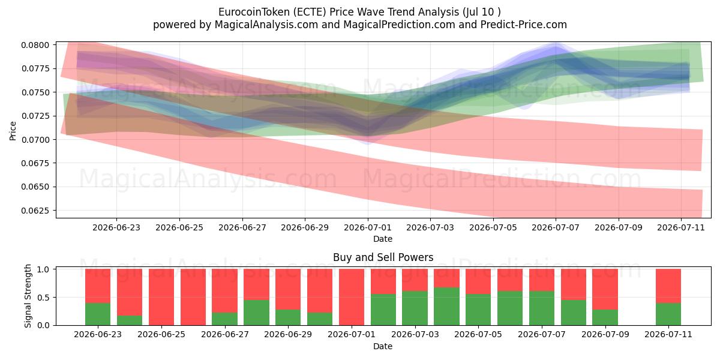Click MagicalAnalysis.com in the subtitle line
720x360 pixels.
[x=266, y=25]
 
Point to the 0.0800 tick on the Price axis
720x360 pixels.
[x=35, y=45]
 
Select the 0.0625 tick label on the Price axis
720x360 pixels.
[x=35, y=211]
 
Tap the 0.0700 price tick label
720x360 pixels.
[x=35, y=139]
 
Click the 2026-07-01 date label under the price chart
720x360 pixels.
[x=368, y=227]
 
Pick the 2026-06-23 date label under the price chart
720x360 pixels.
[x=116, y=227]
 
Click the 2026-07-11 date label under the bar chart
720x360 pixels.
[x=668, y=334]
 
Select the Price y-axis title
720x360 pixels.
[x=13, y=131]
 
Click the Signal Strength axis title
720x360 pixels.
[x=28, y=296]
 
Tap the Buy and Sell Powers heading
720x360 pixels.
[x=383, y=257]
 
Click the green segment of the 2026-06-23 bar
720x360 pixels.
[x=98, y=314]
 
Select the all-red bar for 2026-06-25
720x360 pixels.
[x=161, y=297]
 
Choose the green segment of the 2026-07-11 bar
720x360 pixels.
[x=668, y=314]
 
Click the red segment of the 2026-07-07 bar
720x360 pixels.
[x=542, y=280]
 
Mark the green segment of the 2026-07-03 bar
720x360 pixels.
[x=415, y=308]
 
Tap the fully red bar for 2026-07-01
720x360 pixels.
[x=352, y=297]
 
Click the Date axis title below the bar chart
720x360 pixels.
[x=383, y=346]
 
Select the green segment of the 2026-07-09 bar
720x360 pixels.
[x=605, y=317]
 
